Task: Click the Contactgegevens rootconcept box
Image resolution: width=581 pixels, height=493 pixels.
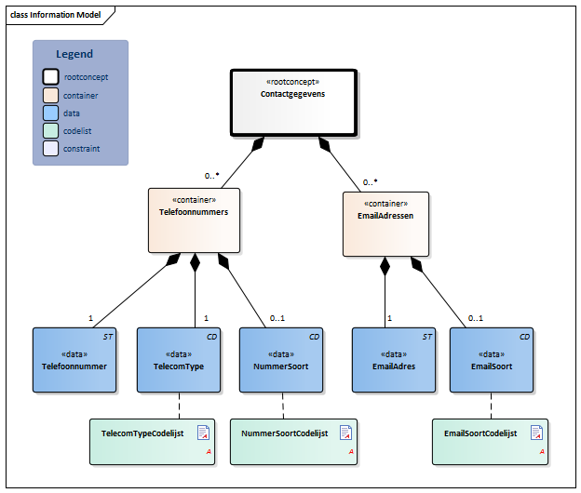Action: [x=294, y=101]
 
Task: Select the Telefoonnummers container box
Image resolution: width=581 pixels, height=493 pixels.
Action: [x=195, y=220]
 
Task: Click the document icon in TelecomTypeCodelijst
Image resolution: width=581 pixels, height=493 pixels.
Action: [x=203, y=433]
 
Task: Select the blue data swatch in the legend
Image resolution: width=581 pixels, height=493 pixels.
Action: [x=50, y=113]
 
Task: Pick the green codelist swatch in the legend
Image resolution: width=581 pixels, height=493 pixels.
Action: [x=50, y=130]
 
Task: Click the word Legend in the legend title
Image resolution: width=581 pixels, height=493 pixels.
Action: [x=74, y=54]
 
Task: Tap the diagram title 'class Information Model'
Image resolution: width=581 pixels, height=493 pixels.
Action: [x=55, y=15]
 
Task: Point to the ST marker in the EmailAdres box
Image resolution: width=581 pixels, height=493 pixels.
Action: [x=427, y=336]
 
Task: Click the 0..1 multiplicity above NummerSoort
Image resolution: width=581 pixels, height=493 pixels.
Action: [x=277, y=318]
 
